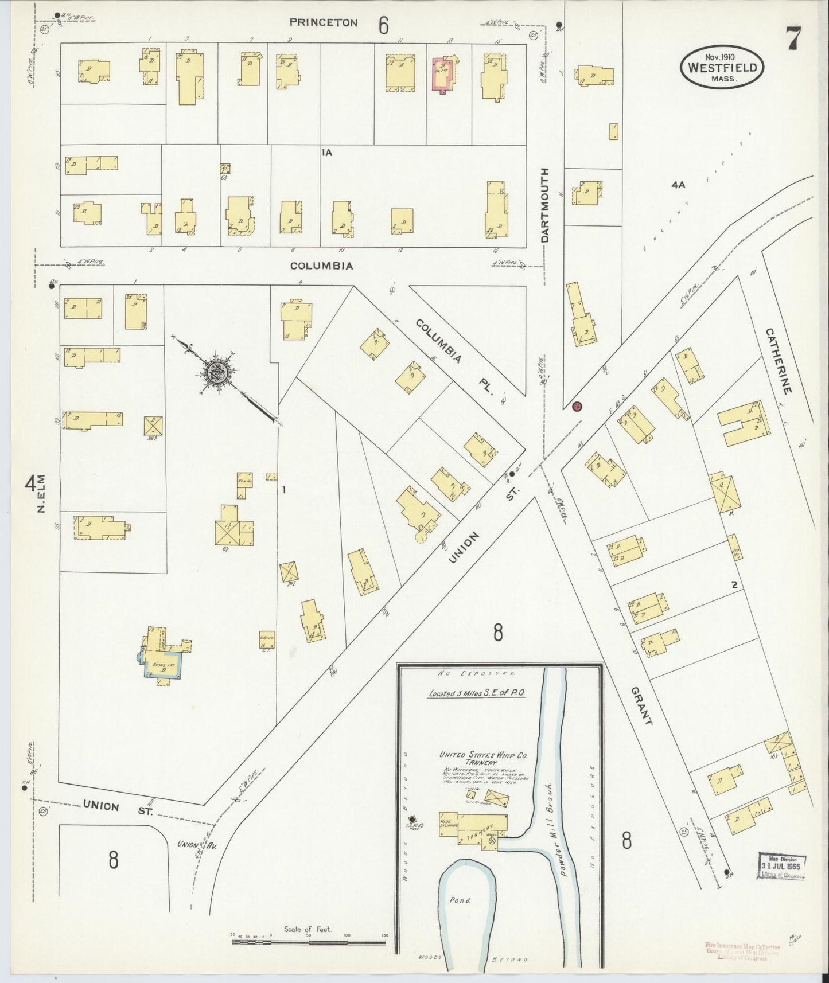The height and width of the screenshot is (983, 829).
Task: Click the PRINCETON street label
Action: point(323,23)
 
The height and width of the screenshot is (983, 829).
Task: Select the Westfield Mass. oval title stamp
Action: point(722,68)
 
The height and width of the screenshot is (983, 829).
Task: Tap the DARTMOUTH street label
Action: point(545,205)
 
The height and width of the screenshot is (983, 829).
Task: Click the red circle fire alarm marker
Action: point(577,407)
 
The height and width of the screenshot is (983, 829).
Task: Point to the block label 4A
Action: point(678,185)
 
